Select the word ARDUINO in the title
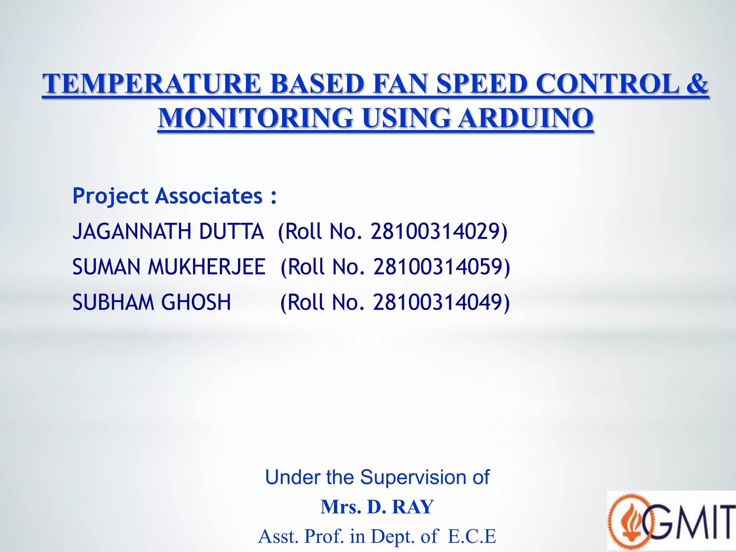(525, 118)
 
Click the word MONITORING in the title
(256, 118)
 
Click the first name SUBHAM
(113, 302)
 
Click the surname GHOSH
(196, 302)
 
